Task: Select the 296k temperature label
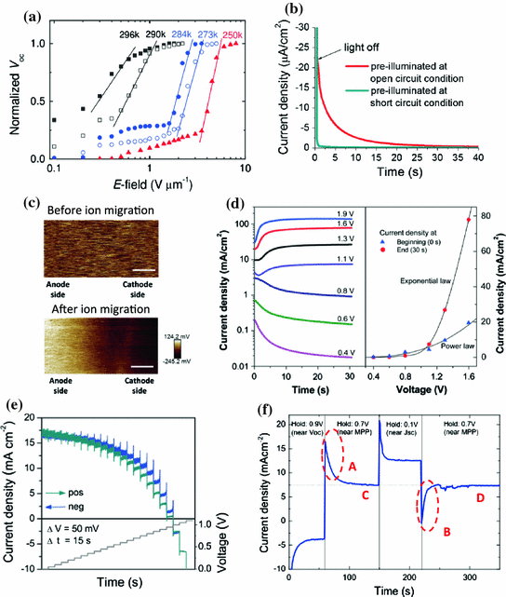pos(130,34)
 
